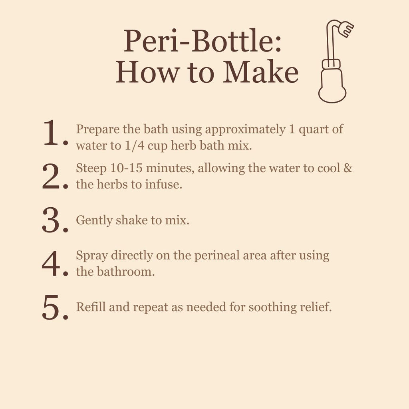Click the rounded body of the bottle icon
[332, 86]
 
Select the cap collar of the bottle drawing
[332, 64]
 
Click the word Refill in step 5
[90, 307]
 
